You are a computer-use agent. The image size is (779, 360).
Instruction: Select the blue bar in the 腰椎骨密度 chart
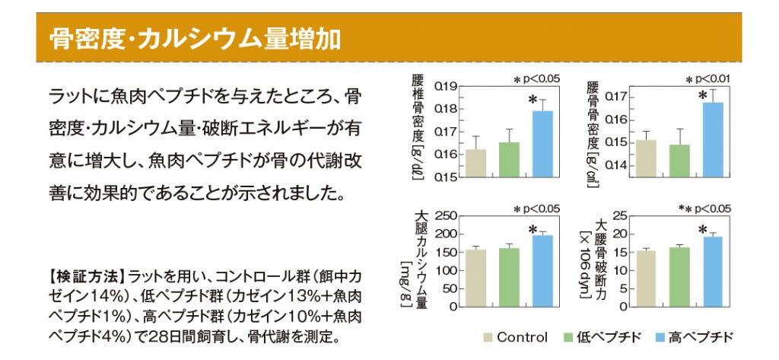(542, 144)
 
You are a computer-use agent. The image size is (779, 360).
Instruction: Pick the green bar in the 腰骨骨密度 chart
(679, 161)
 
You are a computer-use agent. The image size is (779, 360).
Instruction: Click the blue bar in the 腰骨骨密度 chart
(713, 140)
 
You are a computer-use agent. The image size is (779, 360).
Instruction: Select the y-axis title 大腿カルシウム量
(421, 259)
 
